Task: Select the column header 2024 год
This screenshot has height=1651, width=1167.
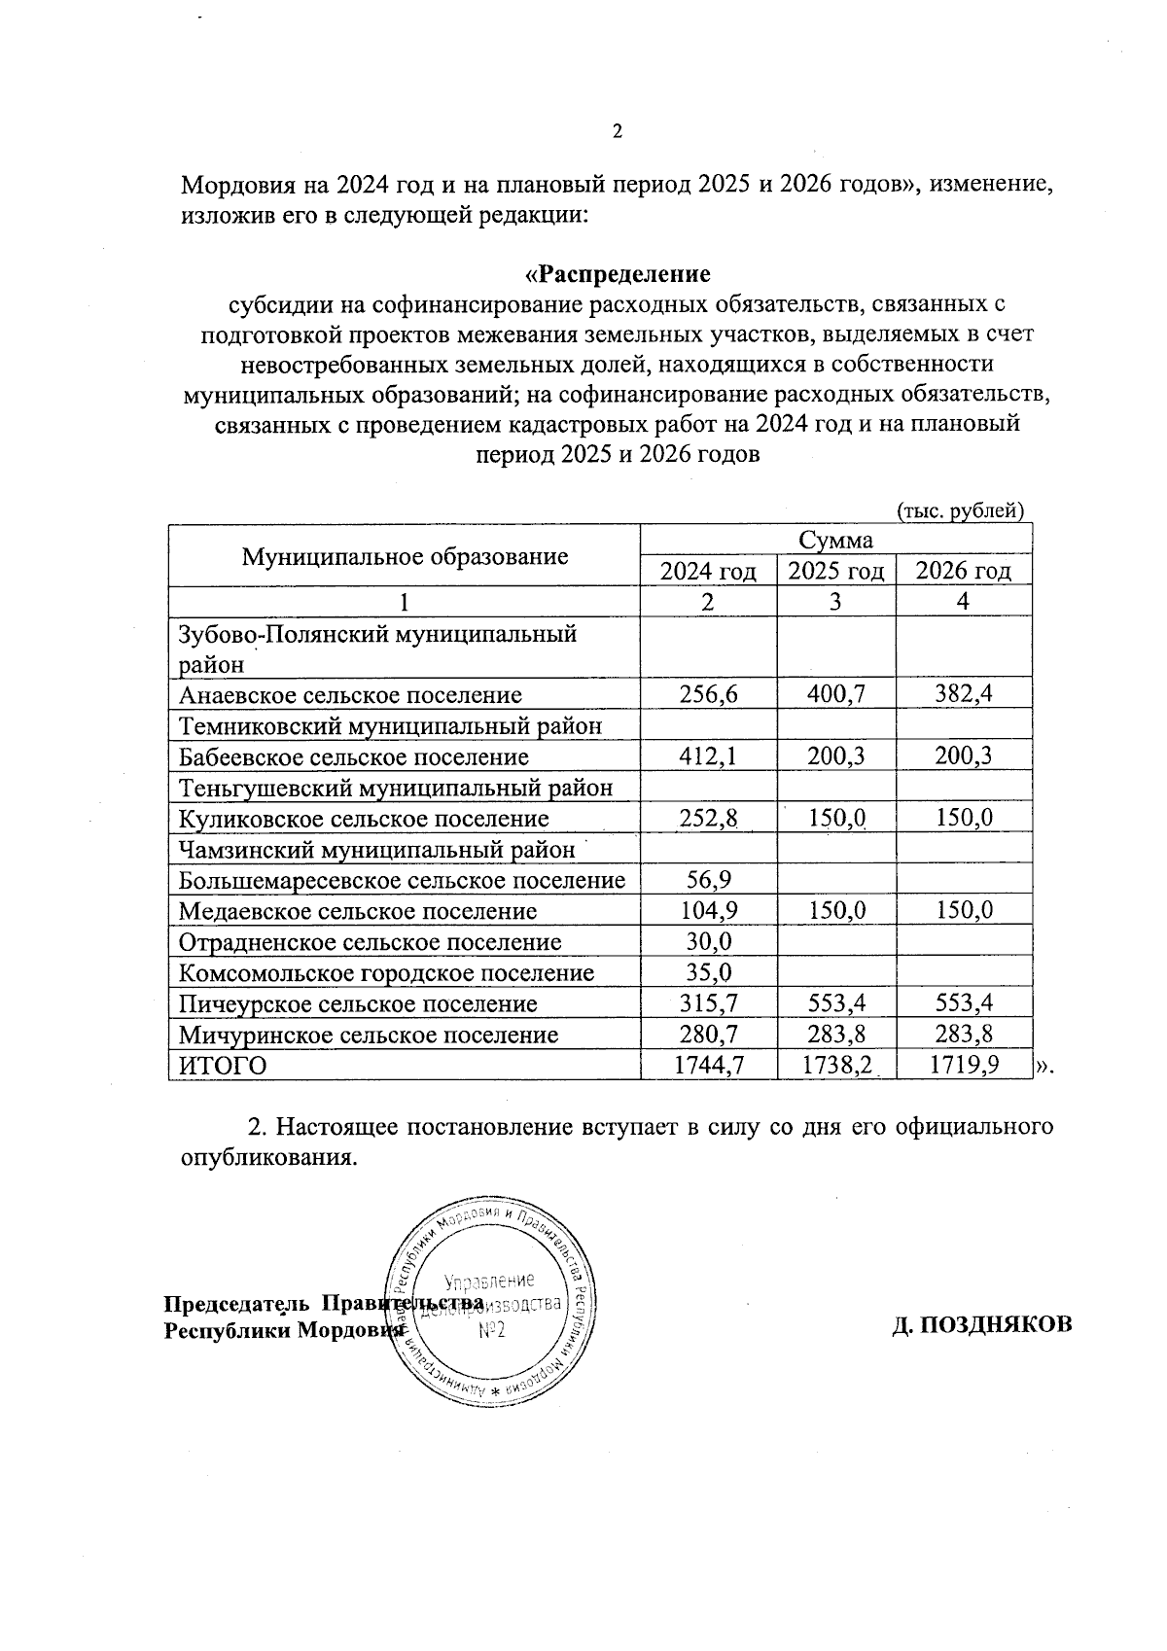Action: click(708, 571)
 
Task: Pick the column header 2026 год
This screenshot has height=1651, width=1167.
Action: click(963, 571)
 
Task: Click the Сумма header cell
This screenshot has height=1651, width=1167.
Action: click(835, 541)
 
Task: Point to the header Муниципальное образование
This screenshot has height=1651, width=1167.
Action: click(405, 556)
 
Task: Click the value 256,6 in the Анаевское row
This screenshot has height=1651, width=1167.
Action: click(708, 694)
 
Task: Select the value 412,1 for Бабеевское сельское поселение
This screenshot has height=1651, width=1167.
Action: click(708, 756)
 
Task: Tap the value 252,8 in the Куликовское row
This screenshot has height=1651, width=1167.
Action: click(708, 818)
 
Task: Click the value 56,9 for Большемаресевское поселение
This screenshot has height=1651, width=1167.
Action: click(708, 880)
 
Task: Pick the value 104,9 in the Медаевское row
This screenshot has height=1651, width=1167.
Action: click(708, 911)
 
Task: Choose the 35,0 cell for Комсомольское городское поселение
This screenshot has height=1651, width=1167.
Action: click(708, 973)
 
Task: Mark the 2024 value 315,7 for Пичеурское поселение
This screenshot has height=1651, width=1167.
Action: click(708, 1003)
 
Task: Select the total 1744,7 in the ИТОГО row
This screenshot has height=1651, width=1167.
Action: click(708, 1066)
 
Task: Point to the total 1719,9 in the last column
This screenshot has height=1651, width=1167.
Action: click(963, 1066)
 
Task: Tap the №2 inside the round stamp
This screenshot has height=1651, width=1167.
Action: click(492, 1329)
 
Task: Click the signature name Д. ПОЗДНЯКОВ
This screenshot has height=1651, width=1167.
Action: click(982, 1323)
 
